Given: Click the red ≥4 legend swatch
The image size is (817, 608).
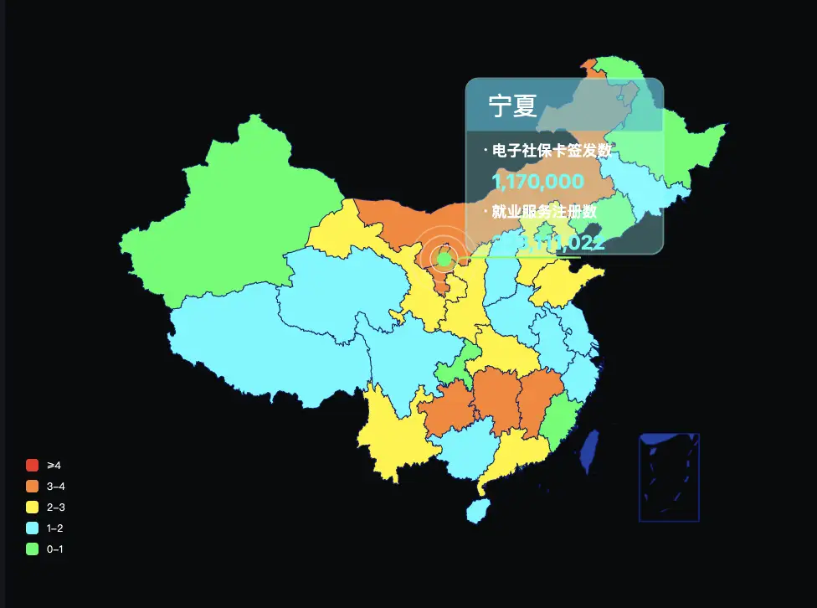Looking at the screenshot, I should tap(33, 465).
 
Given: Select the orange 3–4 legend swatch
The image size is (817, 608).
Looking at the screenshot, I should tap(33, 486).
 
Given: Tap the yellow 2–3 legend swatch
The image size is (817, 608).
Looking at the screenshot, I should tap(33, 507).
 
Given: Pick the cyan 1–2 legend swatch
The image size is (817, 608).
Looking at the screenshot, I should tap(33, 528).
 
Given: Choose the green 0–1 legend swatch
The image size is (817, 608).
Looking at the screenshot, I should tap(33, 549).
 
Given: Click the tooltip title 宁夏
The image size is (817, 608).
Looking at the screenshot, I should tap(512, 106).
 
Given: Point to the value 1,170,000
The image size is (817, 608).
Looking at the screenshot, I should tap(537, 182).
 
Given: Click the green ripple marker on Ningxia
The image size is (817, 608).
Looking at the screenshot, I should tap(444, 260).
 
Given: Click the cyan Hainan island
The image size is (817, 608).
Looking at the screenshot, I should tap(476, 509).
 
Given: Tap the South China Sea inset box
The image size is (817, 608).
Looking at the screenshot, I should tap(669, 477).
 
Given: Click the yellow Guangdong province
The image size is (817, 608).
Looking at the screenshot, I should tap(511, 452).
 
